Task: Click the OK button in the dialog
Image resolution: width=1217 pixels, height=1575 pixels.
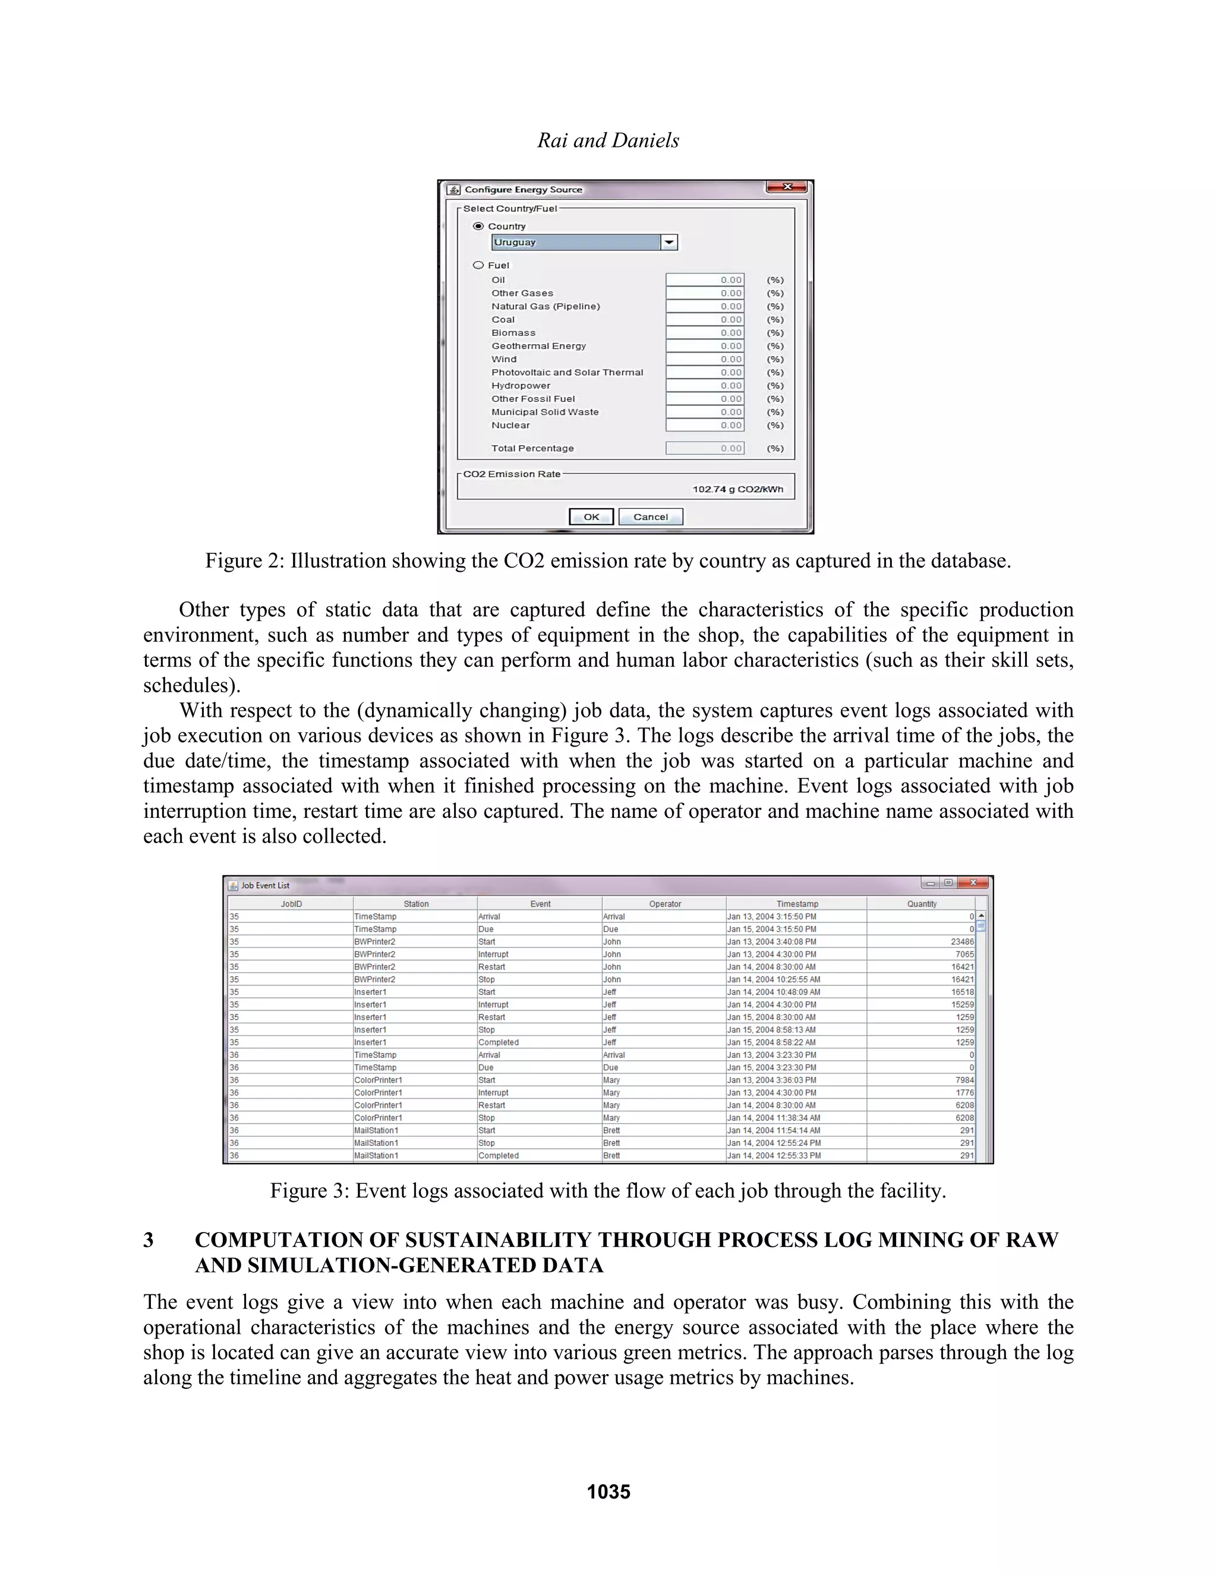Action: pyautogui.click(x=591, y=516)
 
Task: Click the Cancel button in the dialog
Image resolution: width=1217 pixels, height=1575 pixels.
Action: pyautogui.click(x=650, y=516)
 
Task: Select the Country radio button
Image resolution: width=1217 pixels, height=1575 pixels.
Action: pyautogui.click(x=478, y=226)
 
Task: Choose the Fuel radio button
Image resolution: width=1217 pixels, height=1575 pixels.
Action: pyautogui.click(x=478, y=264)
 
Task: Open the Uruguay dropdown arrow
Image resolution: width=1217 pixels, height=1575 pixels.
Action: pyautogui.click(x=669, y=242)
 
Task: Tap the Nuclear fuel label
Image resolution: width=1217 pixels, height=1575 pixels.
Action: pyautogui.click(x=510, y=426)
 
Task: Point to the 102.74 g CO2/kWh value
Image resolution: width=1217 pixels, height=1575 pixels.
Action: pyautogui.click(x=737, y=489)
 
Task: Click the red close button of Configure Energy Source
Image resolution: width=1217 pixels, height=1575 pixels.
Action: pyautogui.click(x=787, y=187)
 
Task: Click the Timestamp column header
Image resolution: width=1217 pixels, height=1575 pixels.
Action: pyautogui.click(x=797, y=903)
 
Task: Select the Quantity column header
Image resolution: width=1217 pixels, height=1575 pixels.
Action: pyautogui.click(x=922, y=903)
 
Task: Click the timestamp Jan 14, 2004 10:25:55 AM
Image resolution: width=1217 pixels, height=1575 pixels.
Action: pyautogui.click(x=773, y=979)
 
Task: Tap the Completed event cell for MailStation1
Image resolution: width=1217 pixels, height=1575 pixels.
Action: pyautogui.click(x=498, y=1155)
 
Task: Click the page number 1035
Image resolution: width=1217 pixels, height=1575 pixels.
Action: pyautogui.click(x=608, y=1491)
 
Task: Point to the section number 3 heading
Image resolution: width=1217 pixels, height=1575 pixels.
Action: pyautogui.click(x=149, y=1240)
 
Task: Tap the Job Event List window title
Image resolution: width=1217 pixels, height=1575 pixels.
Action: pyautogui.click(x=264, y=885)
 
